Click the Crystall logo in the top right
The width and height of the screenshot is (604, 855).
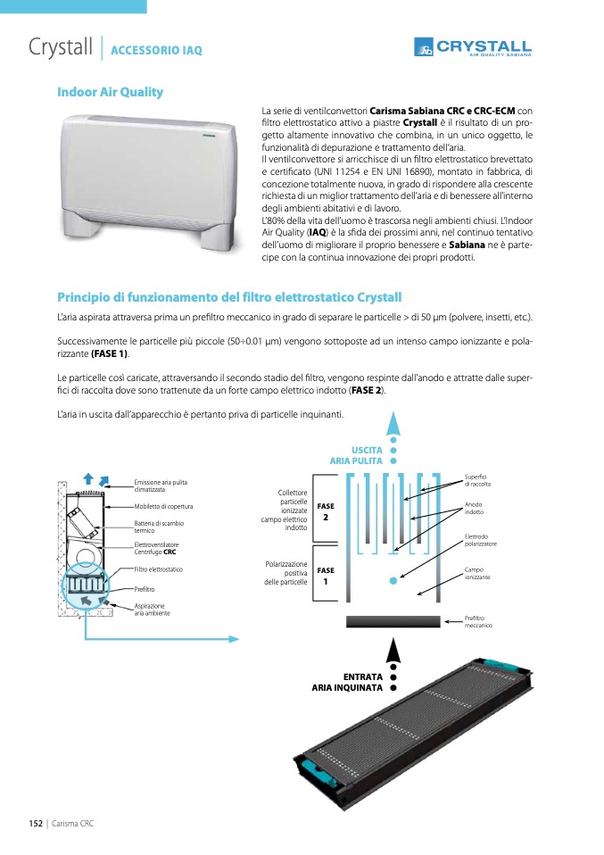point(473,47)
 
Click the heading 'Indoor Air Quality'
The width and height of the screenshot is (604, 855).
point(110,92)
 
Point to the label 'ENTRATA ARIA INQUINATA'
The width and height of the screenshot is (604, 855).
point(348,683)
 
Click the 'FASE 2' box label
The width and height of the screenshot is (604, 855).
point(326,512)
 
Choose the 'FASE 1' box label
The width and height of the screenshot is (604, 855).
point(326,576)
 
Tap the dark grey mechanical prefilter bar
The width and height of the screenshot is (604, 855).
point(393,622)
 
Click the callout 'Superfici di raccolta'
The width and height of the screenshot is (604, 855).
point(478,480)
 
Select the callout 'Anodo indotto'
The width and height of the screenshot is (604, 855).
point(475,509)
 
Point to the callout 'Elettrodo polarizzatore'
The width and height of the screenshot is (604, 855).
point(481,540)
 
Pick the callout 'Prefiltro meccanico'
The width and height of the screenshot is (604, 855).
point(478,622)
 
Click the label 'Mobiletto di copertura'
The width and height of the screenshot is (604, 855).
point(163,507)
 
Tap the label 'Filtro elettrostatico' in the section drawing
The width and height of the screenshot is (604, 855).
point(159,569)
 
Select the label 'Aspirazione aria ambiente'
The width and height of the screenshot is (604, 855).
point(152,610)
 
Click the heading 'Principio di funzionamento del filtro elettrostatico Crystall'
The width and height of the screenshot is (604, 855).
point(229,297)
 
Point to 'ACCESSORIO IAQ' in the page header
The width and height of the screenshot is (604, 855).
point(157,51)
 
